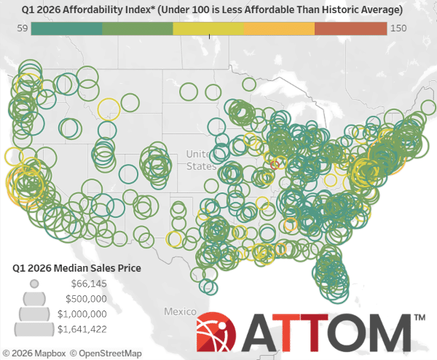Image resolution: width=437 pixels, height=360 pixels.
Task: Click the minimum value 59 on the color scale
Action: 22,28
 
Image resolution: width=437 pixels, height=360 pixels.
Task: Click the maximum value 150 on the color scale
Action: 398,28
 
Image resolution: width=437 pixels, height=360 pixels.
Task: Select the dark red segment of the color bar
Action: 350,28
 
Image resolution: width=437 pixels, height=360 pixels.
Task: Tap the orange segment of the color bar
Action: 279,28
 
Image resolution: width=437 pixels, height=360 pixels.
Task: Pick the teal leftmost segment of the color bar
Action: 67,28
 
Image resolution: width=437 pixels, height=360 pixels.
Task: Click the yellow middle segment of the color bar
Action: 208,28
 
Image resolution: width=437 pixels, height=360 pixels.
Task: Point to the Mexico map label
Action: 179,311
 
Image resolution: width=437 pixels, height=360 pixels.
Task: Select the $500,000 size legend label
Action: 87,299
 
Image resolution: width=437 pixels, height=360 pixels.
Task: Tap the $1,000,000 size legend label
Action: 82,314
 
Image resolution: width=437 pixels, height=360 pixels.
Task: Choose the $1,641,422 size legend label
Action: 82,329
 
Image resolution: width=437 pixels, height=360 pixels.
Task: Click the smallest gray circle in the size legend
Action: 34,283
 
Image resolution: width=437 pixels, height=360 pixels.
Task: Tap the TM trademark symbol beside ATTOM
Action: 420,319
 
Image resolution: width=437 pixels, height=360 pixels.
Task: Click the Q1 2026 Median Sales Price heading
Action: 77,268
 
